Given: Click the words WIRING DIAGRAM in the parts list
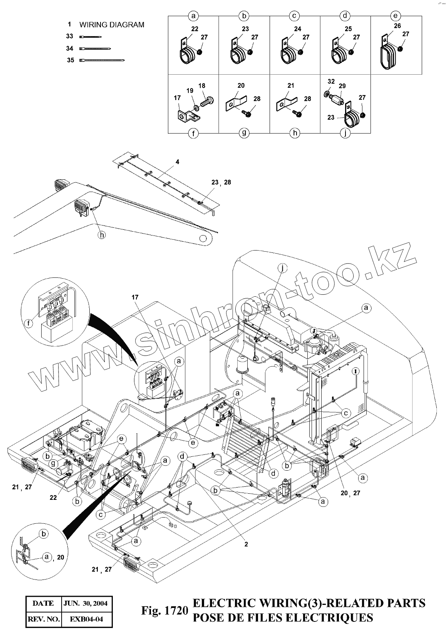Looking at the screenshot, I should pos(112,25).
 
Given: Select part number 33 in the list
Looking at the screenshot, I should pos(69,36).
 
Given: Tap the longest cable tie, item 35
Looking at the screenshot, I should pos(102,60).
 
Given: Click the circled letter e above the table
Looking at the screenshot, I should pos(396,16).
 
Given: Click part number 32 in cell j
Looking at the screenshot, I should pos(331,82).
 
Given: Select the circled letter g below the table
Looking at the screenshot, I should pos(244,133).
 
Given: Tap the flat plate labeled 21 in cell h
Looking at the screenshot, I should pos(286,102).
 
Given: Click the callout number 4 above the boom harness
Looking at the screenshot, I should pos(177,162).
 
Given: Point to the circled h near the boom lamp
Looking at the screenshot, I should pos(101,235).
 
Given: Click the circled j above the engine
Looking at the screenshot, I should pos(282,268).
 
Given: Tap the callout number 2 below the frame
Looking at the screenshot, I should pos(246,544).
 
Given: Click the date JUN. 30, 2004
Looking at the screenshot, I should pos(86,603).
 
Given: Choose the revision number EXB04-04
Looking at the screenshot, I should pos(86,620).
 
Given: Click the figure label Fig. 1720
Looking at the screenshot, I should pos(164,611).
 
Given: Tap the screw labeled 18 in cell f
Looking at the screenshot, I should pos(207,101).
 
